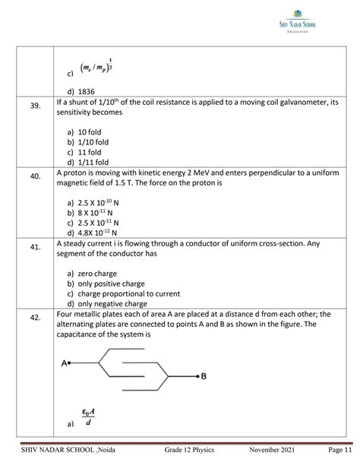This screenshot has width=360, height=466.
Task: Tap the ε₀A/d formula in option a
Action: coord(88,417)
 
